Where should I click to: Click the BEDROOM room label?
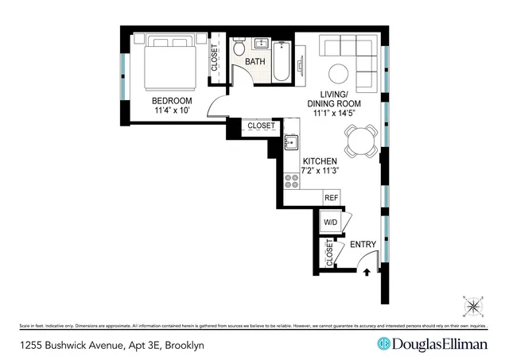click(x=173, y=100)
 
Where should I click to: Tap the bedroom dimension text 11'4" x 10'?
click(x=173, y=111)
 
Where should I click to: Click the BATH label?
click(x=254, y=61)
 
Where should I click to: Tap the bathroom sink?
click(x=262, y=44)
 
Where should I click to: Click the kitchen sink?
click(x=291, y=142)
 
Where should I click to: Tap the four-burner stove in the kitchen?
click(x=292, y=180)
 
